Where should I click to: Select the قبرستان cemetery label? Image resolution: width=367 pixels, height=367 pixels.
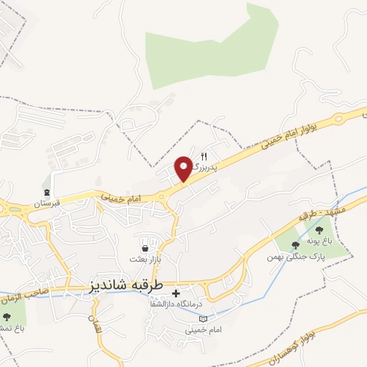[x=46, y=204]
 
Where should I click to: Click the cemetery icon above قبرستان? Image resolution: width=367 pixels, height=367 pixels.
[x=47, y=192]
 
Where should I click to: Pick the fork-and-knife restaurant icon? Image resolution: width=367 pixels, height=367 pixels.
[x=204, y=157]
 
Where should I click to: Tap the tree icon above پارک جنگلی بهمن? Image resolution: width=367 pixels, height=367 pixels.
[x=295, y=245]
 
